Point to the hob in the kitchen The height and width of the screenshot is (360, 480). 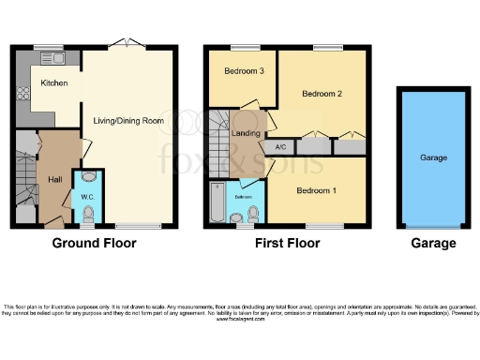pyautogui.click(x=21, y=93)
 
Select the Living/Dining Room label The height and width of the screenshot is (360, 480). pyautogui.click(x=128, y=119)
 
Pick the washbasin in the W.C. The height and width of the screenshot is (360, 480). pyautogui.click(x=89, y=176)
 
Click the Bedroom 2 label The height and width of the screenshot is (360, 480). pyautogui.click(x=321, y=94)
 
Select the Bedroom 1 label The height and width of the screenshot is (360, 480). pyautogui.click(x=316, y=190)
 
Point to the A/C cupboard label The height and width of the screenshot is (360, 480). pyautogui.click(x=280, y=147)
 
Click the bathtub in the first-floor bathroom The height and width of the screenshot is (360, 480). pyautogui.click(x=217, y=204)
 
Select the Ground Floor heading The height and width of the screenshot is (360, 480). pyautogui.click(x=94, y=243)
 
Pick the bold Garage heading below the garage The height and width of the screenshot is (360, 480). pyautogui.click(x=432, y=243)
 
